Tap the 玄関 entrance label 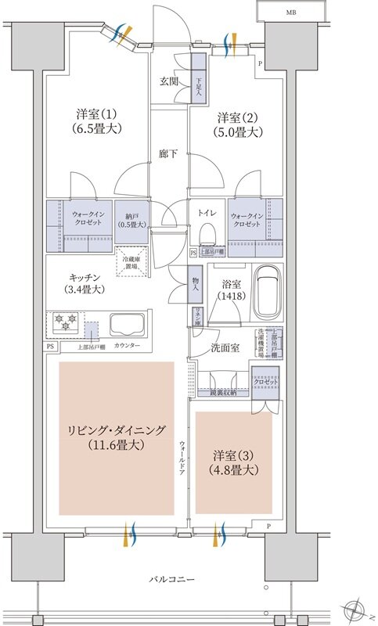pos(169,81)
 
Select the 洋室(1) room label pos(92,121)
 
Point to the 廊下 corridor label pos(167,153)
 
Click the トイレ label pos(207,212)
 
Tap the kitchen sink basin pos(129,325)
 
